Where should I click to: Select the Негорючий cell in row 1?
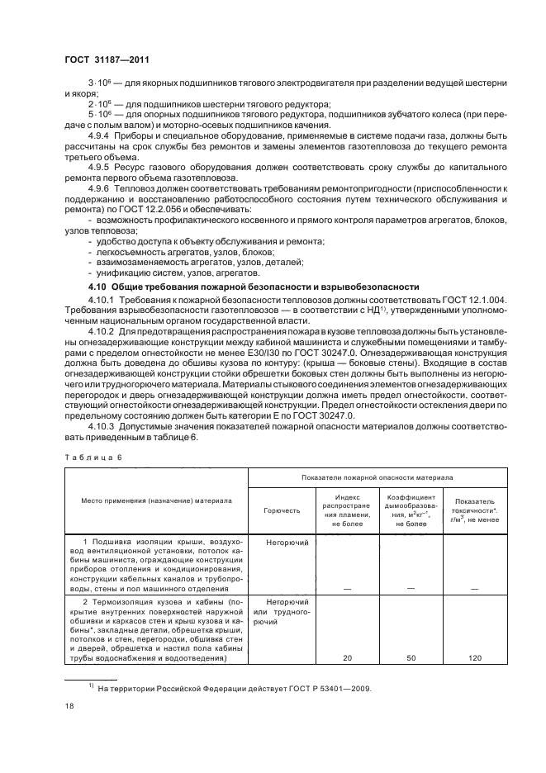pyautogui.click(x=287, y=543)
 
